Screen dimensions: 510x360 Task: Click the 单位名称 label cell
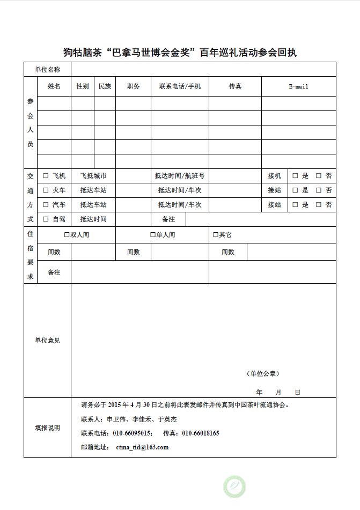47,69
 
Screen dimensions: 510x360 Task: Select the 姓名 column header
54,86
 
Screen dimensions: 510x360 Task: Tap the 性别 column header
83,86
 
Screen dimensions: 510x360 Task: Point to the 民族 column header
105,86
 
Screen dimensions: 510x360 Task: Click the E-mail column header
298,86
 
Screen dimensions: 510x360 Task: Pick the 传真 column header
235,86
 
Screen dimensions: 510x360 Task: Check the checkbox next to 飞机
46,175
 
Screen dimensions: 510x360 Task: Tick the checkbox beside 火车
46,190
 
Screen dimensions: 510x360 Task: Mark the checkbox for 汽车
46,204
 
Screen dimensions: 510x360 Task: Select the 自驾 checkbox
46,219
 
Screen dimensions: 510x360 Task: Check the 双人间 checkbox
67,235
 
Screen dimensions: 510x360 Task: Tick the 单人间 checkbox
153,235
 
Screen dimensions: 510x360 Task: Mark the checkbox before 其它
215,235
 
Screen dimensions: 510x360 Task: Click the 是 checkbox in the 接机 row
295,175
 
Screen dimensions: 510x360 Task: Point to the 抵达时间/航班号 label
179,175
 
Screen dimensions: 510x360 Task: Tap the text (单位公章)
263,373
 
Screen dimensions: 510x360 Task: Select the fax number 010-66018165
200,433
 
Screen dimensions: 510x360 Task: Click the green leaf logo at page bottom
235,486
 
